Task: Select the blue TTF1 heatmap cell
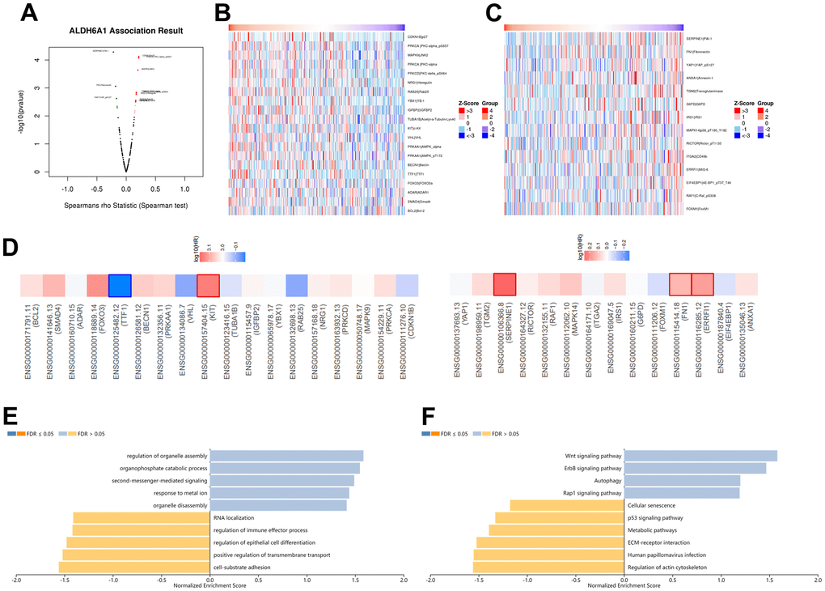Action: (121, 286)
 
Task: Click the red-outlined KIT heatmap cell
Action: (208, 286)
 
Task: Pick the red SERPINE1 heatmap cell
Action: (505, 286)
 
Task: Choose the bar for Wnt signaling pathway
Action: (700, 456)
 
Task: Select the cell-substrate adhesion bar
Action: (134, 568)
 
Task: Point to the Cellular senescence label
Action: (653, 505)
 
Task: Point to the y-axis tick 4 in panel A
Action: (36, 60)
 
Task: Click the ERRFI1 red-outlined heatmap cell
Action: (702, 286)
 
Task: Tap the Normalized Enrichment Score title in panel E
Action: (210, 586)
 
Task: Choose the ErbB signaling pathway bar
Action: (695, 468)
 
